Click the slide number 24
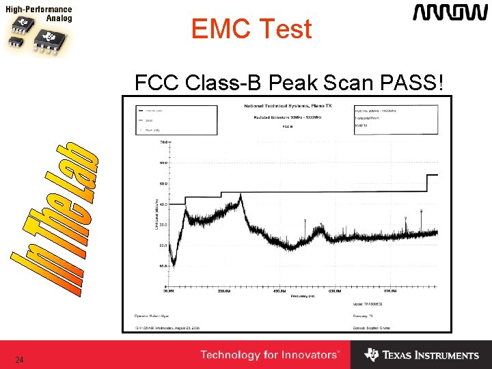point(19,359)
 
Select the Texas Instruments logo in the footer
point(422,355)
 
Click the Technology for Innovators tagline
point(270,355)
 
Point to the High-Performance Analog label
point(40,14)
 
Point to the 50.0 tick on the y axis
point(163,184)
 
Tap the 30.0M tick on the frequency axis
point(169,290)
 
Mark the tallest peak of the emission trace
point(241,197)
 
